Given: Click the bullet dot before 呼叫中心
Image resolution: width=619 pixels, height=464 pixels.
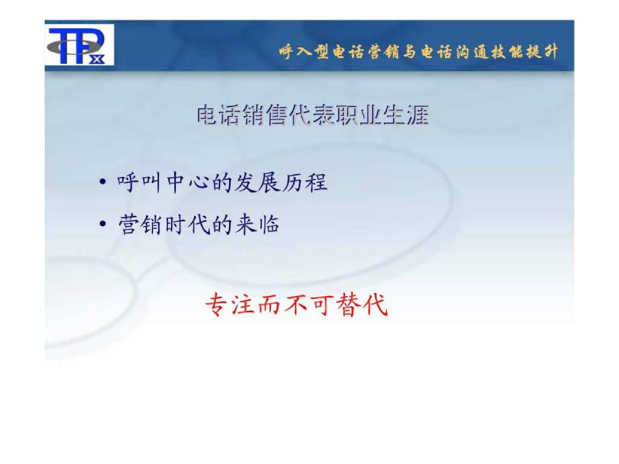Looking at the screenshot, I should click(103, 182).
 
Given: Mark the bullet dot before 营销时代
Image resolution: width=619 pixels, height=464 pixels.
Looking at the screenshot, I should click(103, 225).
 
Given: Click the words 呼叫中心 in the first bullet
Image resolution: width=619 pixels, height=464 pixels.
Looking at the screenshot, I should click(155, 182).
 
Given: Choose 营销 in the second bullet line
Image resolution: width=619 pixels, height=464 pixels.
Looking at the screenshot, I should click(136, 225).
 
